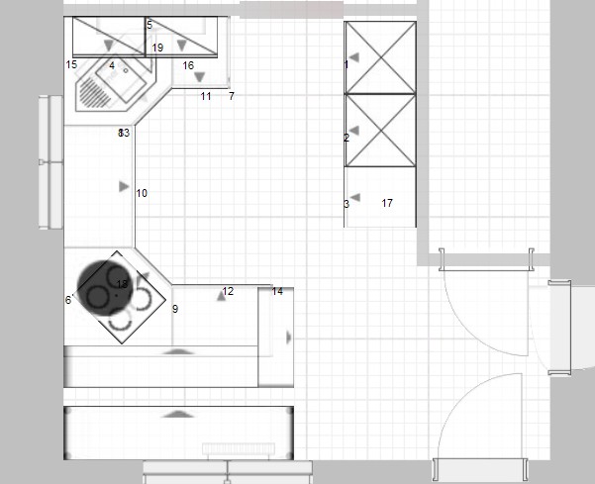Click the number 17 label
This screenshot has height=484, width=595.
point(387,203)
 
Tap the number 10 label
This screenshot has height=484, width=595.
point(142,193)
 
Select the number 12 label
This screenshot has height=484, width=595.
point(229,291)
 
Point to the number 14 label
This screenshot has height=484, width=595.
point(277,291)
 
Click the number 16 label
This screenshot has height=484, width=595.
point(188,65)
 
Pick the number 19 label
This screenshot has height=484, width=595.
point(157,48)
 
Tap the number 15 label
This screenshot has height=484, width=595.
point(71,64)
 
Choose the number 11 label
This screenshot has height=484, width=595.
point(206,96)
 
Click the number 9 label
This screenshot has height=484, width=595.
point(175,309)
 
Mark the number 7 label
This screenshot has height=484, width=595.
point(231,96)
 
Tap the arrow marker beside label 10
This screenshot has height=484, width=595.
point(124,185)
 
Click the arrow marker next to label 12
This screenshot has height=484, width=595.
point(221,295)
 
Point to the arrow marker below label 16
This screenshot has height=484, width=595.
point(199,77)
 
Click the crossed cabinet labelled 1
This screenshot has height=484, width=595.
point(379,57)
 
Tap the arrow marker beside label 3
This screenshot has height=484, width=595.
point(354,198)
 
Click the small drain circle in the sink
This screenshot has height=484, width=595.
point(127,70)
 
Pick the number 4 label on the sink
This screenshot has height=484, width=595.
point(112,65)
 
